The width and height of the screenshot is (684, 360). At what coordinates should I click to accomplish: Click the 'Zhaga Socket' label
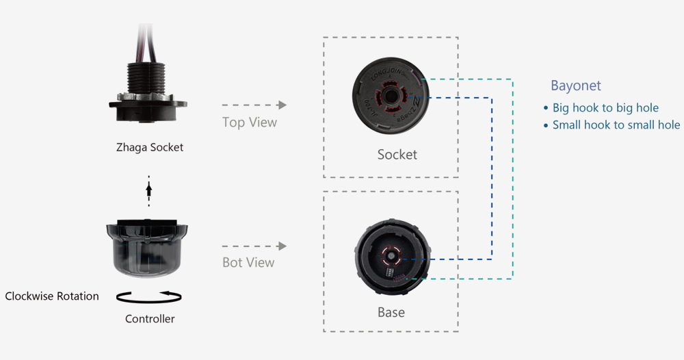click(x=150, y=147)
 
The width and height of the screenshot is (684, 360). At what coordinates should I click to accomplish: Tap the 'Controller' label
click(x=150, y=319)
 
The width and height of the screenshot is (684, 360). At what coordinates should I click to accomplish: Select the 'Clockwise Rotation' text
click(x=52, y=296)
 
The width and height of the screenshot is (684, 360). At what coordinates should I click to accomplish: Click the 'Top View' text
click(x=250, y=123)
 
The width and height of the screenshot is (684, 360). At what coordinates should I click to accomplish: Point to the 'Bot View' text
click(x=248, y=262)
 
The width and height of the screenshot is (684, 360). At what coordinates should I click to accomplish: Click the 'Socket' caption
click(x=397, y=155)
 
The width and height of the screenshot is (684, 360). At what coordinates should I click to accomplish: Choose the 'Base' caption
click(x=391, y=313)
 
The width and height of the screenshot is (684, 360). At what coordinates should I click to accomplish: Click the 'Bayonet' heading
click(x=576, y=86)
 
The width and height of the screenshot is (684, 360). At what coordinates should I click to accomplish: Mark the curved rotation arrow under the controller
click(x=150, y=296)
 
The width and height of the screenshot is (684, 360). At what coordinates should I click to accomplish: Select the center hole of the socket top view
click(x=391, y=94)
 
